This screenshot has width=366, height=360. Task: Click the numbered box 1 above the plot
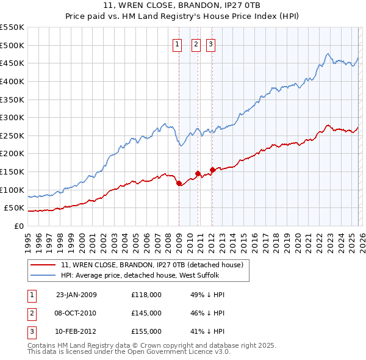(178, 43)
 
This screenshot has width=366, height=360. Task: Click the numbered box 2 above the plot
(196, 43)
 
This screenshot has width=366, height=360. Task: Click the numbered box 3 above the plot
(210, 43)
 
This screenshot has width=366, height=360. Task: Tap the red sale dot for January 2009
(179, 183)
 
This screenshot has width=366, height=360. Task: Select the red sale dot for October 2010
(198, 173)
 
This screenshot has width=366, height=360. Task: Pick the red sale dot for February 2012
(212, 170)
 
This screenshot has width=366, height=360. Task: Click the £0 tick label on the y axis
(19, 226)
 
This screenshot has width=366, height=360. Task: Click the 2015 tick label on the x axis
(243, 242)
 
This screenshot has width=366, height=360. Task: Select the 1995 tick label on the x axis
(27, 242)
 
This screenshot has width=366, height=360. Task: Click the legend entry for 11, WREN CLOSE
(152, 265)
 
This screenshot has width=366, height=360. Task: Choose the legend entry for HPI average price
(143, 275)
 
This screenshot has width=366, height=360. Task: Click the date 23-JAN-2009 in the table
(76, 295)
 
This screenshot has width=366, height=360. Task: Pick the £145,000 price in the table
(146, 313)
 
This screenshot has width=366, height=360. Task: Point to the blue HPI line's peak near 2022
(328, 54)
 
